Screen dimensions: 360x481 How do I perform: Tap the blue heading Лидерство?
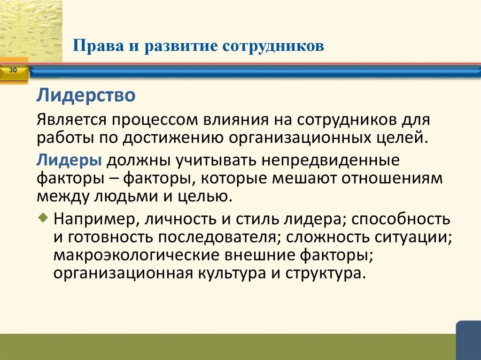tap(87, 97)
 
